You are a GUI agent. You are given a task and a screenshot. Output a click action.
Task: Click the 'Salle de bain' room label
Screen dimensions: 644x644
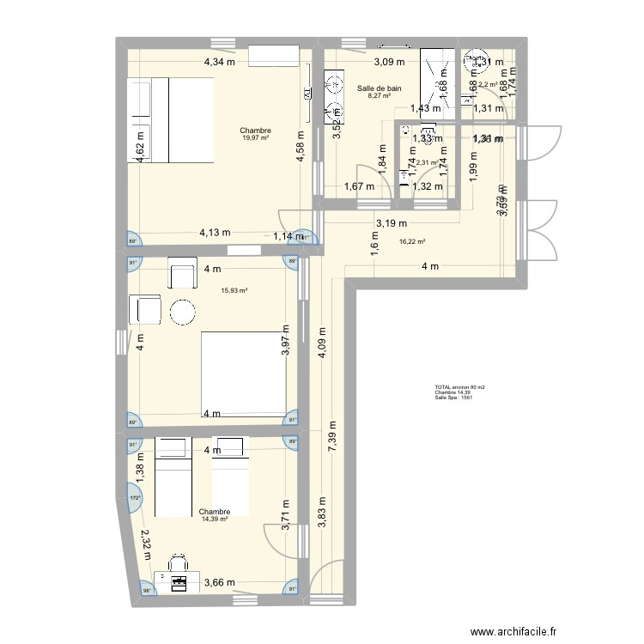coord(379,88)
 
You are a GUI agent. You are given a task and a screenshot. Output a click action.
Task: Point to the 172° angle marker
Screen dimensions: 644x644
coord(133,497)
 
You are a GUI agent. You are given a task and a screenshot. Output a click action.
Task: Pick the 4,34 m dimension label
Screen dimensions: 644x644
coord(219,62)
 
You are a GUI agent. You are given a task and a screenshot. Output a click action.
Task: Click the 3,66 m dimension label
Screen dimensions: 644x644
coord(220,582)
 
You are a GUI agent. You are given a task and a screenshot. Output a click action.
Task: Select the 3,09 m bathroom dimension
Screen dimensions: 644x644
coord(388,62)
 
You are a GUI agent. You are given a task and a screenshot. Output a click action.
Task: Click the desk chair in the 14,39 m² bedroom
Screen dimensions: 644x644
coord(179,563)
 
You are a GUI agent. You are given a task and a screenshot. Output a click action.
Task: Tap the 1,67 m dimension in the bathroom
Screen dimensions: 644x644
coord(358,186)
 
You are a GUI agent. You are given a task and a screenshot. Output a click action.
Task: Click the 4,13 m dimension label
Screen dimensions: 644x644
coord(215,232)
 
